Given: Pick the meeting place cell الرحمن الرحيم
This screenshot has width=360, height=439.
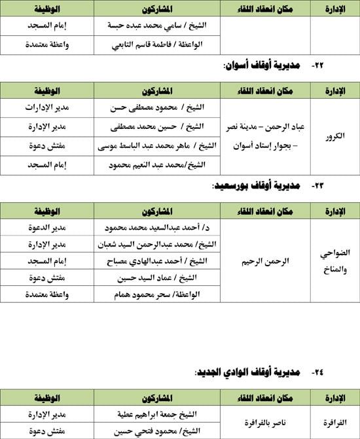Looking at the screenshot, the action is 264,260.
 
